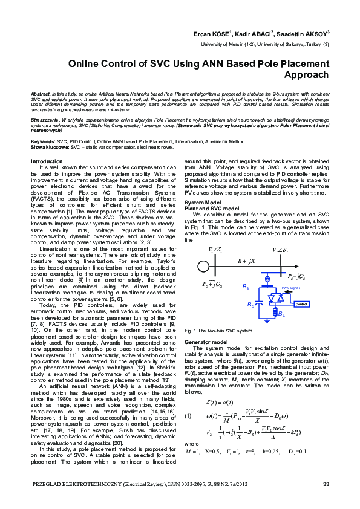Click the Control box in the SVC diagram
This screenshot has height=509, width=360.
(x=301, y=304)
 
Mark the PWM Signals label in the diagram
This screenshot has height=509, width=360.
(x=290, y=289)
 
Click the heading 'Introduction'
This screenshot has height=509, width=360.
(x=46, y=161)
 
